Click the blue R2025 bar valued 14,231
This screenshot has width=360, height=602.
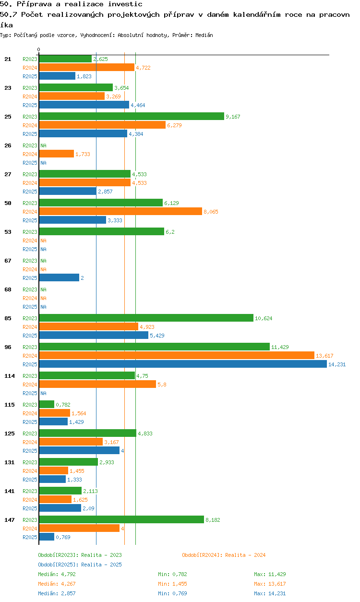tap(182, 364)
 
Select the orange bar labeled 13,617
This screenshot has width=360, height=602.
tap(176, 356)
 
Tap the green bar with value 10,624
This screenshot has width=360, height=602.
tap(146, 318)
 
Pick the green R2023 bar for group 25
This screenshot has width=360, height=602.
tap(131, 117)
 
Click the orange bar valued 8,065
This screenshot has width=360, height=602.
tap(120, 212)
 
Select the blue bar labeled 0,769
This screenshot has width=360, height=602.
tap(47, 537)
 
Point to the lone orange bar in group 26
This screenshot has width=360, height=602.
tap(56, 154)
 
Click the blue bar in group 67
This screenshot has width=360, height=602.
tap(59, 278)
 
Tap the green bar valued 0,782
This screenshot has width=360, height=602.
tap(47, 405)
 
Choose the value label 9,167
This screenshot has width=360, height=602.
tap(234, 117)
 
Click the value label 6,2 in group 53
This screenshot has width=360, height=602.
tap(170, 232)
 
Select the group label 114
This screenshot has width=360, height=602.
tap(10, 376)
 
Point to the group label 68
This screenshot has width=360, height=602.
tap(8, 289)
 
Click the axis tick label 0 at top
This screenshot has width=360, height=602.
tap(39, 49)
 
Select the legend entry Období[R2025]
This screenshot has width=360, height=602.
tap(58, 565)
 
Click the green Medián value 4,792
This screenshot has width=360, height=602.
tap(68, 575)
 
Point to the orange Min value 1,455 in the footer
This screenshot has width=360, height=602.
tap(179, 584)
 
